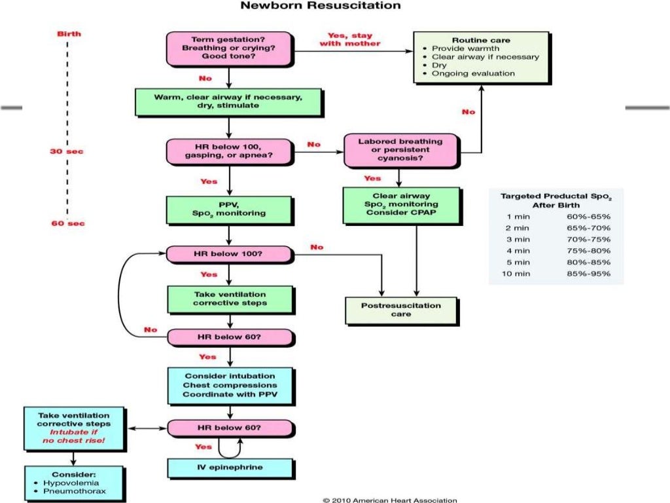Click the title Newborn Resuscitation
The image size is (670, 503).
tap(321, 6)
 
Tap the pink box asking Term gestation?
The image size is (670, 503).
tap(228, 48)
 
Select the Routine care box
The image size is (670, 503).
tap(481, 57)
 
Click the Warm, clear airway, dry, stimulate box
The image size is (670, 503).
tap(228, 102)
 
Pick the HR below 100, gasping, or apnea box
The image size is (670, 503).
tap(228, 151)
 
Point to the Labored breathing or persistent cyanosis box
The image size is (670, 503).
tap(400, 150)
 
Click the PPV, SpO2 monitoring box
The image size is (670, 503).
tap(228, 208)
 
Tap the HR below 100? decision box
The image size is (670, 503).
tap(228, 254)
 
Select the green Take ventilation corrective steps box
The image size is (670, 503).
tap(229, 299)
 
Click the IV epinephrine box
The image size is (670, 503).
tap(230, 468)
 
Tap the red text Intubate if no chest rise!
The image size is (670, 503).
tap(73, 437)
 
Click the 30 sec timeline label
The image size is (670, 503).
tap(67, 151)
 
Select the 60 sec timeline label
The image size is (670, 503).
tap(67, 223)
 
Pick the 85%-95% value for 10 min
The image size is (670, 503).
tap(589, 273)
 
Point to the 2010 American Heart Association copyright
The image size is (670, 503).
tap(390, 500)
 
